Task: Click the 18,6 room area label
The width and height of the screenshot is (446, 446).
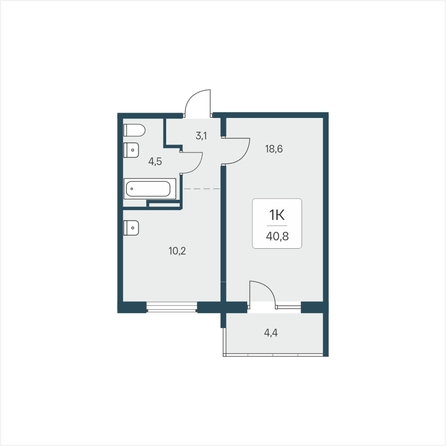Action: point(274,149)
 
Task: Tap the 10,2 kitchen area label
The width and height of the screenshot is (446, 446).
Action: point(177,251)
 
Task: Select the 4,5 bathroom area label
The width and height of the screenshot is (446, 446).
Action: point(155,162)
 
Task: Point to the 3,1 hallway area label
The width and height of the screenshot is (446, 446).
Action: point(201,136)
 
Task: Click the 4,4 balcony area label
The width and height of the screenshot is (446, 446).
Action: point(271,333)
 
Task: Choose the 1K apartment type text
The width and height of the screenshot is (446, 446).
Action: point(277,216)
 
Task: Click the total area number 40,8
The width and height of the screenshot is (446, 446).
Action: point(277,236)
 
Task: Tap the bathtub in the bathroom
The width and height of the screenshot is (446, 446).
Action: point(150,189)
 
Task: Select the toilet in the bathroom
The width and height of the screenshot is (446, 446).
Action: point(134,130)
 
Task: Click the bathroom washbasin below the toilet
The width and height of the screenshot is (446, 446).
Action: point(131,150)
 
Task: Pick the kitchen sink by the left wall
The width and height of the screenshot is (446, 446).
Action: point(131,228)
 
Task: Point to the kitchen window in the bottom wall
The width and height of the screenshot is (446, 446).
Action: point(172,307)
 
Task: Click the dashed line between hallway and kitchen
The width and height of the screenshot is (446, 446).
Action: point(201,189)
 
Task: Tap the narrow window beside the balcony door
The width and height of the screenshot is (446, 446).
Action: point(288,307)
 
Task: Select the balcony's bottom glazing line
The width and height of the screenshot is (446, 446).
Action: point(273,355)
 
